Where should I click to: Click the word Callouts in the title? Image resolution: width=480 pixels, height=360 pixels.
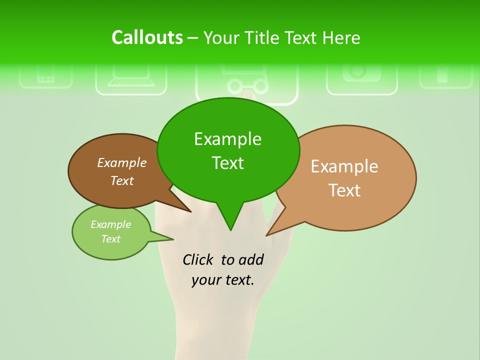[x=147, y=37]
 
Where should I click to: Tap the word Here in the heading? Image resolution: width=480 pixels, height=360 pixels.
[x=341, y=37]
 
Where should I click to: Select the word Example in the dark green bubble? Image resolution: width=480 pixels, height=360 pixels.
[x=227, y=139]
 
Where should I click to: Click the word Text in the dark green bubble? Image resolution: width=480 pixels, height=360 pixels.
[x=227, y=163]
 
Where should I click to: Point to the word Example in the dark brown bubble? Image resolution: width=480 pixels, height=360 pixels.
[x=122, y=162]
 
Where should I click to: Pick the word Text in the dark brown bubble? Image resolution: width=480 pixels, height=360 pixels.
[x=122, y=180]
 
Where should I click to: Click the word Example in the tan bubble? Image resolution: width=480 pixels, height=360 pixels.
[x=344, y=166]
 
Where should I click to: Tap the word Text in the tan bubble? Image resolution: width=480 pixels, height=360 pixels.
[x=344, y=190]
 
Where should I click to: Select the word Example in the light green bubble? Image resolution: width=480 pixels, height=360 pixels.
[x=110, y=224]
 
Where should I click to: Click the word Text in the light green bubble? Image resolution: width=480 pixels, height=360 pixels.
[x=110, y=239]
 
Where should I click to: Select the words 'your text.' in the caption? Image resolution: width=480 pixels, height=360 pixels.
[x=223, y=280]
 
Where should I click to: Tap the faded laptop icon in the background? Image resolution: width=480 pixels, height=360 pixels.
[x=131, y=80]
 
